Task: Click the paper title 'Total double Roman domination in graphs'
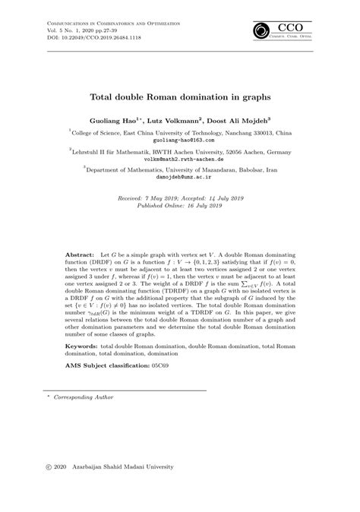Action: click(180, 97)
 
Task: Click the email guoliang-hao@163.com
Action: click(179, 141)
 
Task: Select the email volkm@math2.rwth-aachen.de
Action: click(179, 160)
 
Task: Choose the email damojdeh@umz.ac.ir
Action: click(179, 180)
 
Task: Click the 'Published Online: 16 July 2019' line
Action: click(179, 206)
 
